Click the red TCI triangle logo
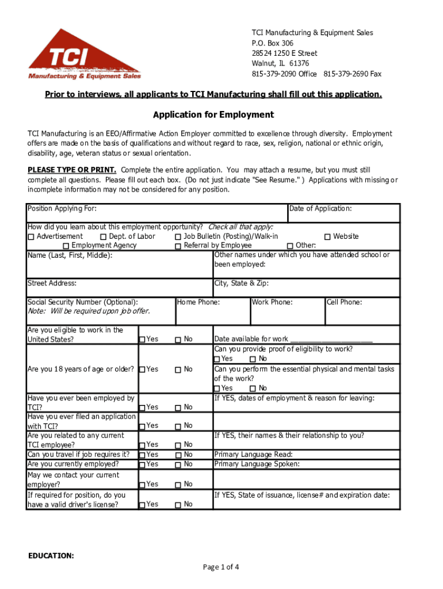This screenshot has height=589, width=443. click(84, 55)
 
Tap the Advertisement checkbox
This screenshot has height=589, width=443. click(31, 237)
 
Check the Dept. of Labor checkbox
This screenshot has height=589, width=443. click(103, 237)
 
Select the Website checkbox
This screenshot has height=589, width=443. click(327, 237)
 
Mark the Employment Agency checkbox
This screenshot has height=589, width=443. click(66, 246)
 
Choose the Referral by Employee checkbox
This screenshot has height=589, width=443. click(178, 246)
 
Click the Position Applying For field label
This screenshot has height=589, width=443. click(62, 209)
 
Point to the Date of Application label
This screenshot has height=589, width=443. click(320, 209)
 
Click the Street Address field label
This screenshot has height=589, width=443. click(52, 284)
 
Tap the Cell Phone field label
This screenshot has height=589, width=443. click(344, 302)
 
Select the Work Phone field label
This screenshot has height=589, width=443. click(272, 302)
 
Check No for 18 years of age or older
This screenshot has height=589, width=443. click(178, 370)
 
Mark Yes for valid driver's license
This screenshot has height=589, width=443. click(142, 505)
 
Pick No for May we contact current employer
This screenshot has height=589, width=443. click(178, 485)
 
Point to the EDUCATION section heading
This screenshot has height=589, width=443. click(51, 556)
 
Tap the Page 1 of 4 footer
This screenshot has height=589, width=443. click(221, 567)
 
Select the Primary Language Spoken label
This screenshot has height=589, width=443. click(257, 464)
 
